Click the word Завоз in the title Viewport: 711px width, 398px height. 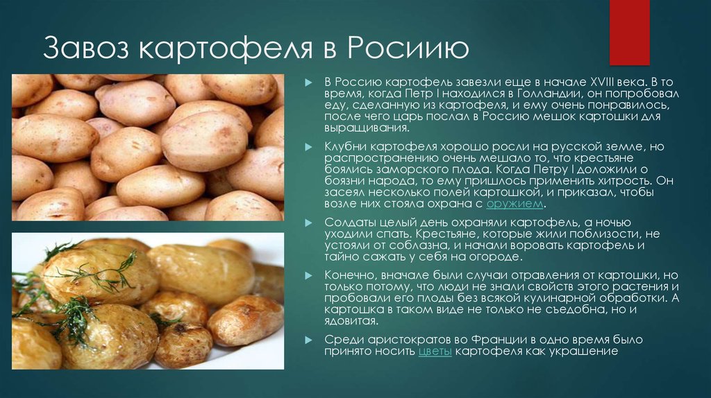86,48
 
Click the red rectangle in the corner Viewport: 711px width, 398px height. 629,32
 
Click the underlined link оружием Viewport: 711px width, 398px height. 515,204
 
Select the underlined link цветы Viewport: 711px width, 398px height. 435,352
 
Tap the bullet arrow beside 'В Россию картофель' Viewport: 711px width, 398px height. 308,83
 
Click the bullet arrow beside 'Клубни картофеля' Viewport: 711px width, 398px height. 308,147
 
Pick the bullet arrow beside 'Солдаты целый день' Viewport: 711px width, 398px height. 308,223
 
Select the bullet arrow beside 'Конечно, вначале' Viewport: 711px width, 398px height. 308,275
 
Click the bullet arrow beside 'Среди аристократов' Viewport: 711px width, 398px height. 308,340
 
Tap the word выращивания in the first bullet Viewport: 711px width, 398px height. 366,128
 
